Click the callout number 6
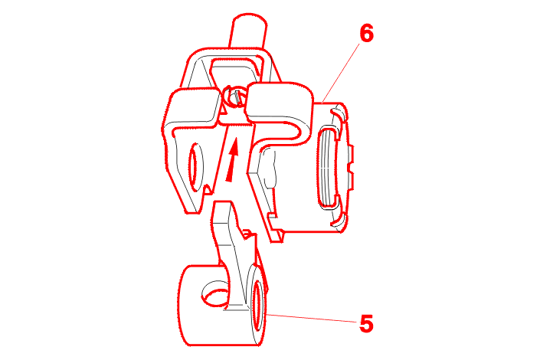pos(366,34)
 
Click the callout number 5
pos(366,323)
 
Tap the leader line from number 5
pos(312,318)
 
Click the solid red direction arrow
pos(232,159)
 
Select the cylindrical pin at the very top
pos(249,31)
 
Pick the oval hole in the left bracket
pos(196,167)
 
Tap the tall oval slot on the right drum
pos(329,168)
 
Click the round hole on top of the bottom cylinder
pos(215,295)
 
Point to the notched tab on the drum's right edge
pos(350,168)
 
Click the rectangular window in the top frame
pos(234,70)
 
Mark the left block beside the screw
pos(192,107)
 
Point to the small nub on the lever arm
pos(247,233)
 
